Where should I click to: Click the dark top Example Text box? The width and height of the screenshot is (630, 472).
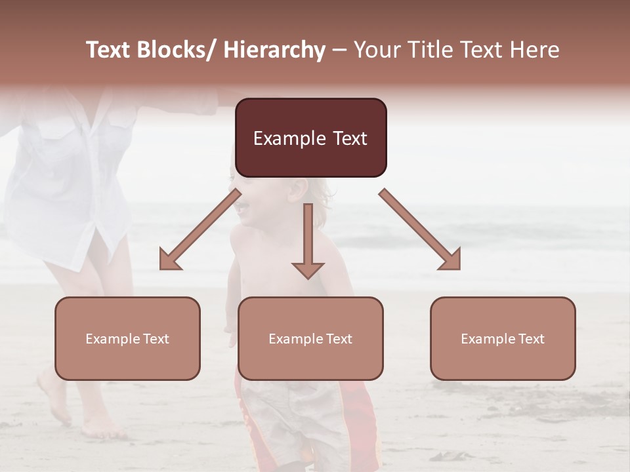[x=310, y=138]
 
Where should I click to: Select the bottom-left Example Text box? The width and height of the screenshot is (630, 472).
[x=127, y=338]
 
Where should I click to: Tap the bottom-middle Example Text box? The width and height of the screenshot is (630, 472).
[x=310, y=338]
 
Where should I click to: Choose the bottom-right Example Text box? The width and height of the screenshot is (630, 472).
[x=503, y=338]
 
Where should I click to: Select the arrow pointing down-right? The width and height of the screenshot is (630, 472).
[x=421, y=230]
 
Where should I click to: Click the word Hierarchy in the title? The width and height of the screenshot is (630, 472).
[x=274, y=50]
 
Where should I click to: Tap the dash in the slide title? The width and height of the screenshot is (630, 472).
[x=339, y=50]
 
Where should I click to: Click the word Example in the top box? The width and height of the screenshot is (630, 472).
[x=289, y=138]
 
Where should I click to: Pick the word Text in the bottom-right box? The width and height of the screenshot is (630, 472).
[x=531, y=339]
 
